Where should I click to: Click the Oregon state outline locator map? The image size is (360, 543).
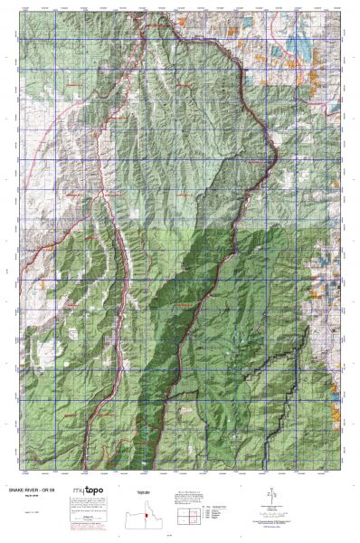pyautogui.click(x=142, y=518)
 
